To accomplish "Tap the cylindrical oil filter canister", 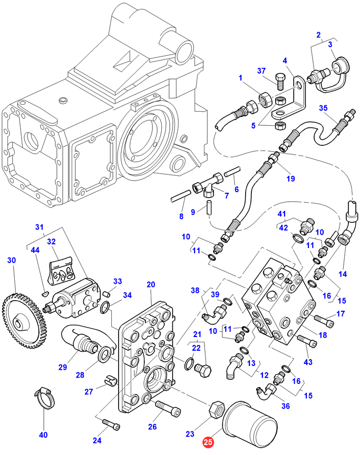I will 247,422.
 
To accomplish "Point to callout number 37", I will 262,71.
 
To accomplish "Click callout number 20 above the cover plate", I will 151,284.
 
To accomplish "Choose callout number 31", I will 40,227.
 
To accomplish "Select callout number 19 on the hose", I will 290,178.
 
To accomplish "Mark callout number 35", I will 324,108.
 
